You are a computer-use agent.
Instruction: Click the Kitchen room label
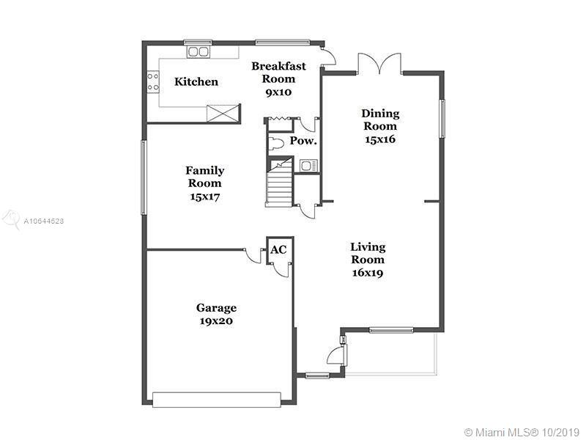click(196, 81)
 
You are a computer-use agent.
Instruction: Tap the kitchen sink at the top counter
click(198, 51)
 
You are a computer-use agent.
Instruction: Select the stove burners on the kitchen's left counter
click(153, 81)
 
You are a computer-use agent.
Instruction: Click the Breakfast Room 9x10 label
click(278, 79)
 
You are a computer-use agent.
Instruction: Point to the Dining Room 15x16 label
click(380, 126)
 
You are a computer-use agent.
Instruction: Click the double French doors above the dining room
click(379, 63)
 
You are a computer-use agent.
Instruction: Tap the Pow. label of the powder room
click(303, 141)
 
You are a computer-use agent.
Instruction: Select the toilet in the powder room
click(276, 142)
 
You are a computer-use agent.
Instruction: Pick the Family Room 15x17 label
click(204, 183)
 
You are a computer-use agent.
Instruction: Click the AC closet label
click(278, 249)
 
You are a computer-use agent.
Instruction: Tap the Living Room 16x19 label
click(367, 260)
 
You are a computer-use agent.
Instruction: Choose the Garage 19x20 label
click(215, 314)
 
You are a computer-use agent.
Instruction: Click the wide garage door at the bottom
click(217, 399)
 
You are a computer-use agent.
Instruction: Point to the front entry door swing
click(334, 357)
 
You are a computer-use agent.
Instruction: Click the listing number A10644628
click(44, 220)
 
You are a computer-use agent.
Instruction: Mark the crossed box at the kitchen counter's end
click(223, 114)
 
